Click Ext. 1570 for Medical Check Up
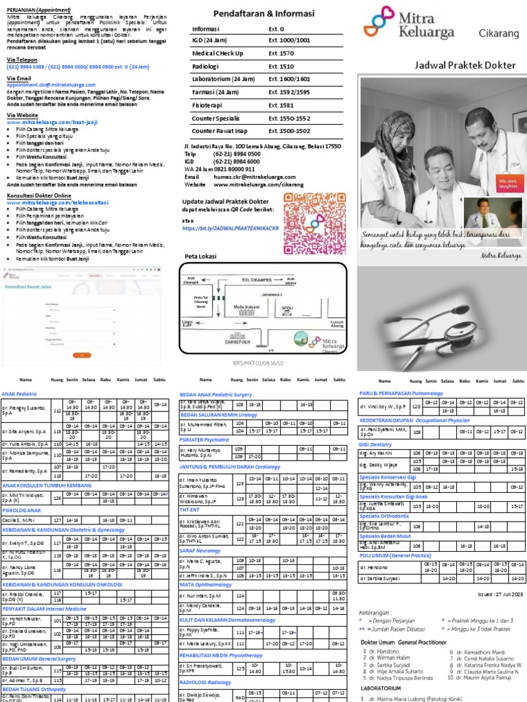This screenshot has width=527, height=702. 281,53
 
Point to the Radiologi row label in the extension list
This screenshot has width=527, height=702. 205,66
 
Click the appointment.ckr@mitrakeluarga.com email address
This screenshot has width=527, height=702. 52,84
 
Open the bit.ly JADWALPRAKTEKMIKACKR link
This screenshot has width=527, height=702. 231,228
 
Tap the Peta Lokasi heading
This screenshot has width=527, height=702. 200,256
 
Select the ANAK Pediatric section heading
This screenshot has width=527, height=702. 19,394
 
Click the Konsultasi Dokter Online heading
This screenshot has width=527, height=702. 38,196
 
